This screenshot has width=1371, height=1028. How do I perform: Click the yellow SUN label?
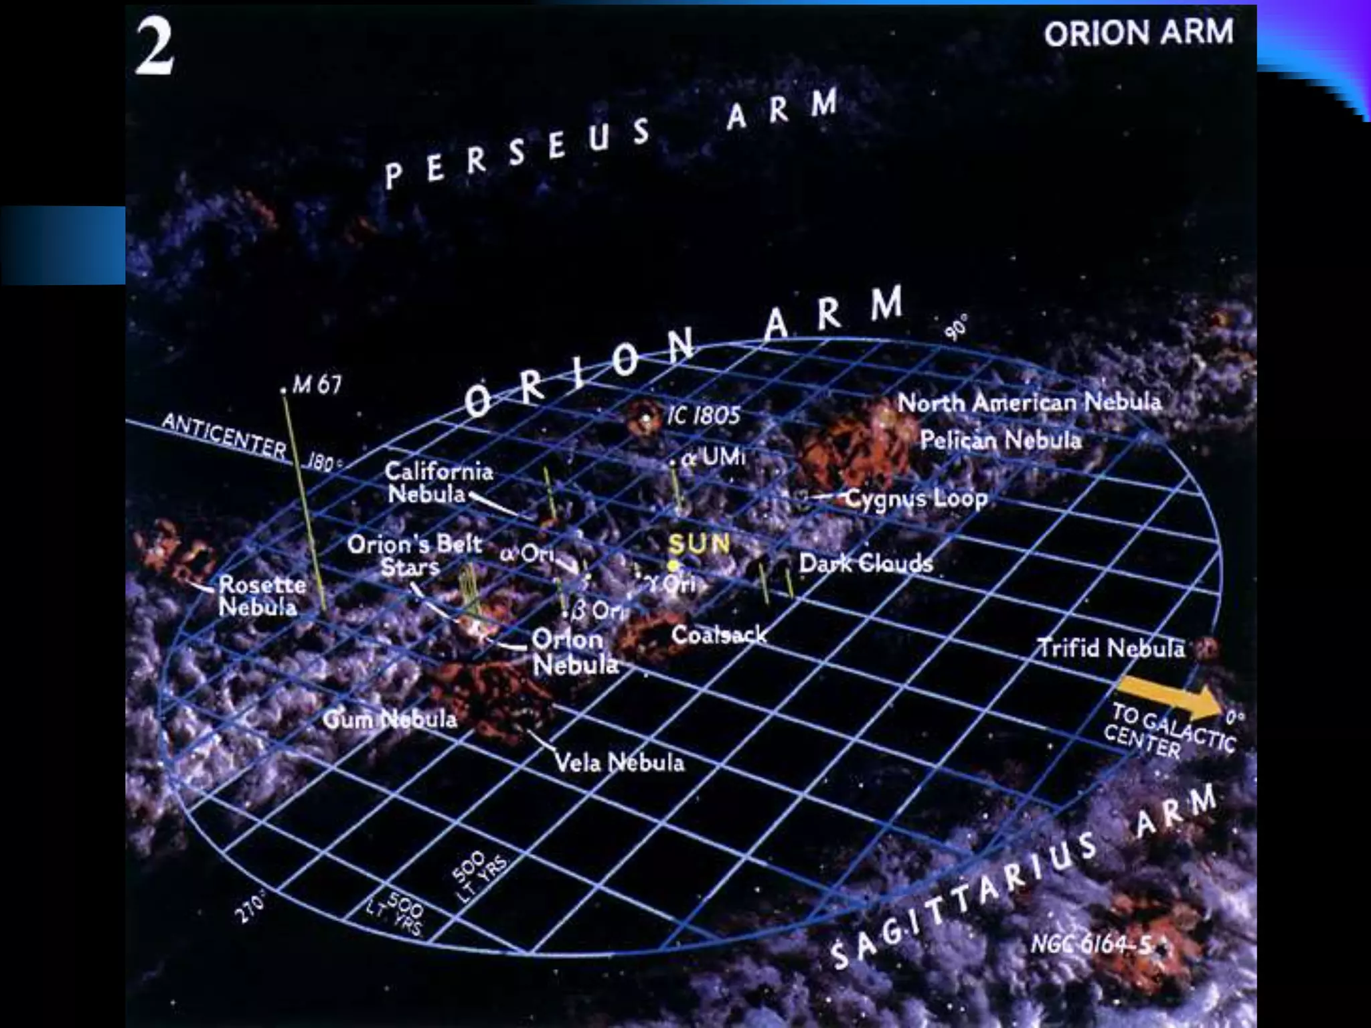699,543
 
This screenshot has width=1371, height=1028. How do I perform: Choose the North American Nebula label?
1030,402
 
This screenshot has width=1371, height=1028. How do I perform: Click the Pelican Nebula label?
1001,440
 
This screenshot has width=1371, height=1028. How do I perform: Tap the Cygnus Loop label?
916,499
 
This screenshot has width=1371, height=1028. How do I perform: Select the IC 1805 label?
703,416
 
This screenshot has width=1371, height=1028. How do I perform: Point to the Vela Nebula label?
620,762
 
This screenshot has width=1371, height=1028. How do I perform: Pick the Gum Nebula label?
390,719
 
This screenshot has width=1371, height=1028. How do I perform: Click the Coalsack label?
719,634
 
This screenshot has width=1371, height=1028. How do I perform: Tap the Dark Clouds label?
866,564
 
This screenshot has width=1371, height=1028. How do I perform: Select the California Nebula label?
438,483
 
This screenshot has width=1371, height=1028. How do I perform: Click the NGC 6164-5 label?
1092,944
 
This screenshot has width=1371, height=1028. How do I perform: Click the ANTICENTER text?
224,436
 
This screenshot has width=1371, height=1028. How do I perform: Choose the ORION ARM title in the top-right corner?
1138,32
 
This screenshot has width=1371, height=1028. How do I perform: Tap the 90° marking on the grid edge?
958,327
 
